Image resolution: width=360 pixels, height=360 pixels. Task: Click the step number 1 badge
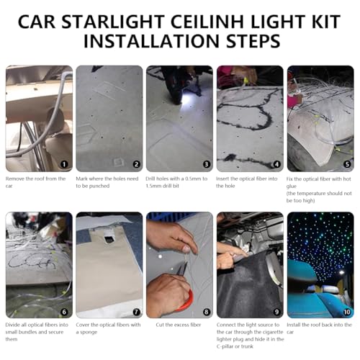[64, 163]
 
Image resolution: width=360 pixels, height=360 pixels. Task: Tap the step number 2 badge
[135, 163]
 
